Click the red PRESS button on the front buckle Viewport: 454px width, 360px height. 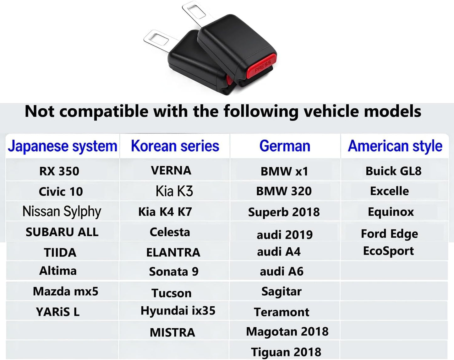coord(262,66)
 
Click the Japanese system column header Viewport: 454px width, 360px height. coord(63,146)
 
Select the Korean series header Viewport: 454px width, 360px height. coord(175,146)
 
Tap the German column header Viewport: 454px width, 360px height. coord(285,146)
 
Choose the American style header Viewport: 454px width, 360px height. coord(395,146)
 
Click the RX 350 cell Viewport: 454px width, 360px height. coord(59,171)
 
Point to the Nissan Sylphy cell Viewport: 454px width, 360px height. coord(62,212)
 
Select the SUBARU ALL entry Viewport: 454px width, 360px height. coord(62,232)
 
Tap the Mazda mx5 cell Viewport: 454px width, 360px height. coord(66,291)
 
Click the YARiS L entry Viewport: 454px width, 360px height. coord(57,312)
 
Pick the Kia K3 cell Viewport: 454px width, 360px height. coord(174,191)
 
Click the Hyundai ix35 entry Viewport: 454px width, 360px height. coord(178,311)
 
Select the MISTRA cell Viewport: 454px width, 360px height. coord(172,332)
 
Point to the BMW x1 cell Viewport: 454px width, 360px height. coord(284,171)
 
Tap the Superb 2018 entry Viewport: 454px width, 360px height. coord(284,212)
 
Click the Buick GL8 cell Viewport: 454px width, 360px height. coord(394,171)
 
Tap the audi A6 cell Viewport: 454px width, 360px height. coord(282,271)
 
